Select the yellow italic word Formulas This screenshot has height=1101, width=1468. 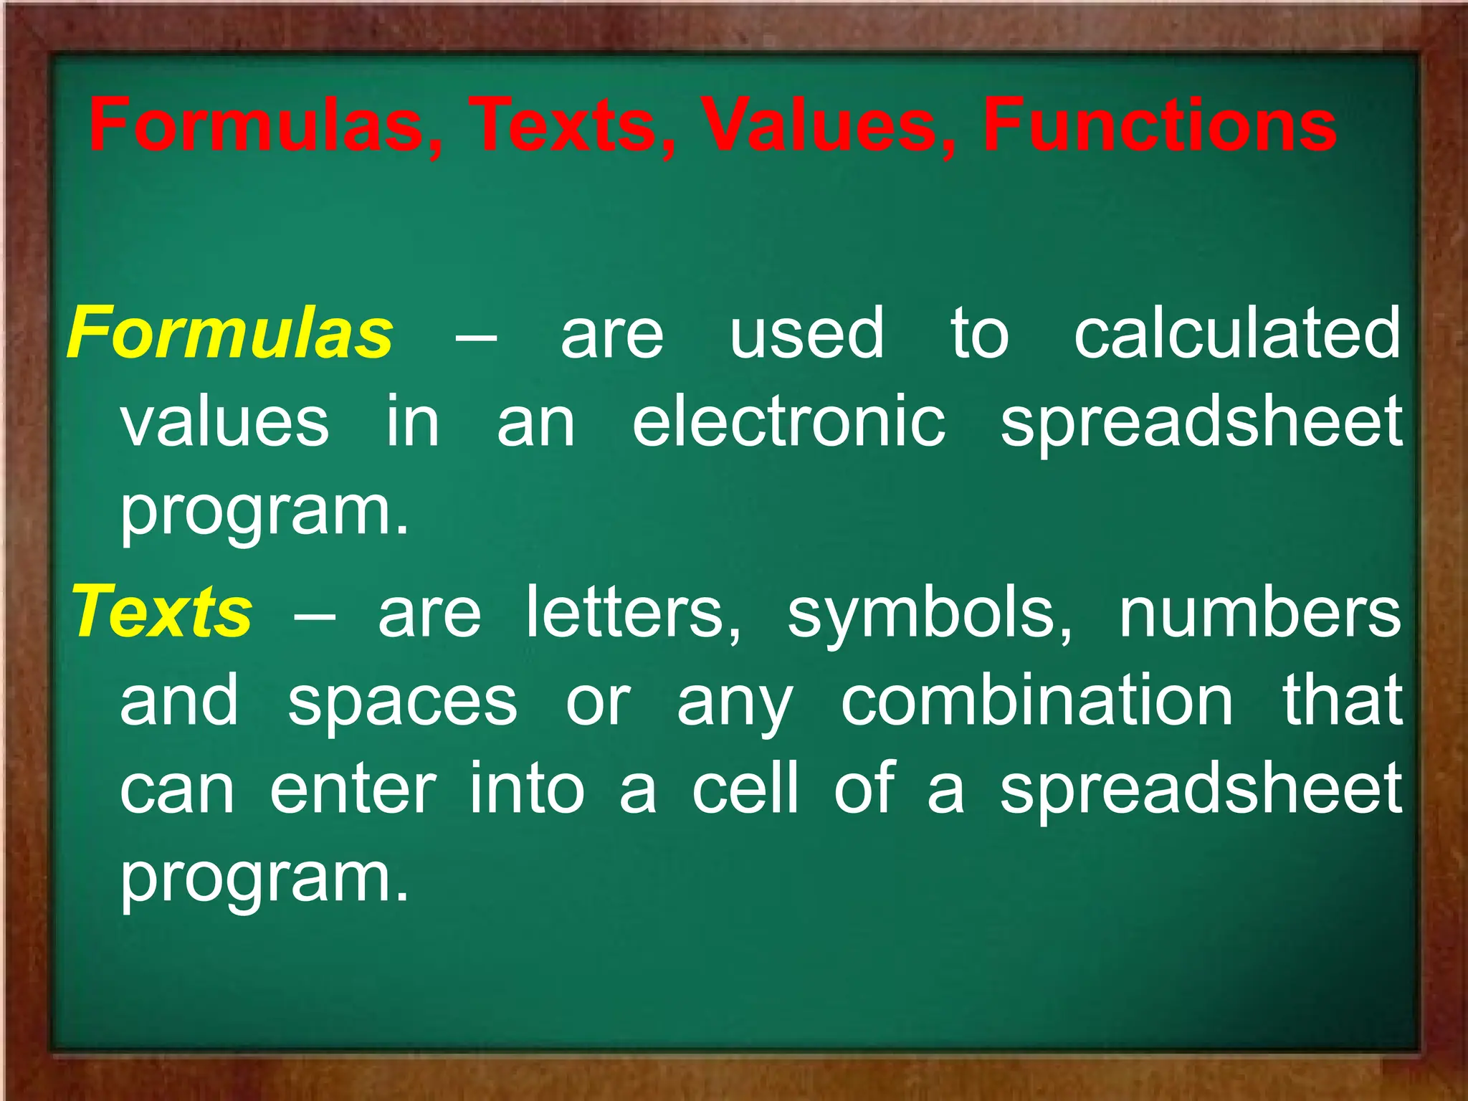[230, 333]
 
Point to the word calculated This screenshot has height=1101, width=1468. [1236, 333]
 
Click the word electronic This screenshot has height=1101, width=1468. [788, 422]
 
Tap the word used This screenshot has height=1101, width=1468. [807, 333]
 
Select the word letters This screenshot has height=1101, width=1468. [634, 613]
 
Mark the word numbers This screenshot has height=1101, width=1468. [1259, 613]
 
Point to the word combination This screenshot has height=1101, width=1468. [1036, 700]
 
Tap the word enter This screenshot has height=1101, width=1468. [353, 789]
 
